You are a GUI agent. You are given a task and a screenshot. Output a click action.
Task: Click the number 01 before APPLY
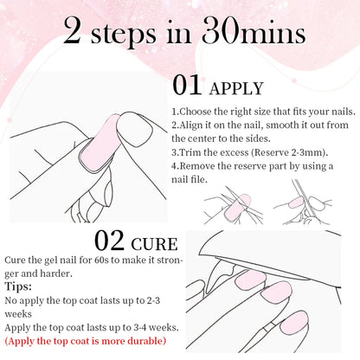click(x=190, y=87)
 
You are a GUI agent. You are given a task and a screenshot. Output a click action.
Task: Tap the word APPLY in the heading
click(x=235, y=89)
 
